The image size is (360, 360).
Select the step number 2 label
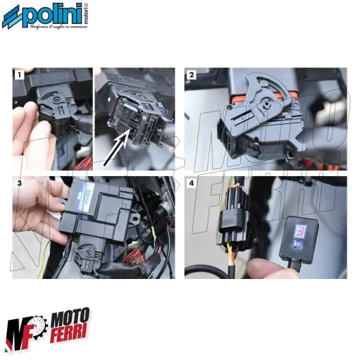point(190,74)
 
